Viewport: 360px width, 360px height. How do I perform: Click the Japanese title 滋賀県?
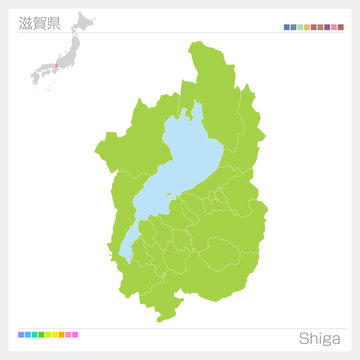(x=39, y=22)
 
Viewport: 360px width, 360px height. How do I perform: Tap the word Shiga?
(x=318, y=336)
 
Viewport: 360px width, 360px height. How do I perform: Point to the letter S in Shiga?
(x=302, y=336)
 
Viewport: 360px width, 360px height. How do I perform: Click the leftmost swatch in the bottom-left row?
(x=22, y=334)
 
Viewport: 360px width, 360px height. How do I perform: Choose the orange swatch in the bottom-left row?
(x=62, y=334)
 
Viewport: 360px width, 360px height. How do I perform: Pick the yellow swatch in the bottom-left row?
(x=54, y=334)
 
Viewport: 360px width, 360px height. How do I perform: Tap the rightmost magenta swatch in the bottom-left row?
(x=74, y=334)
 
